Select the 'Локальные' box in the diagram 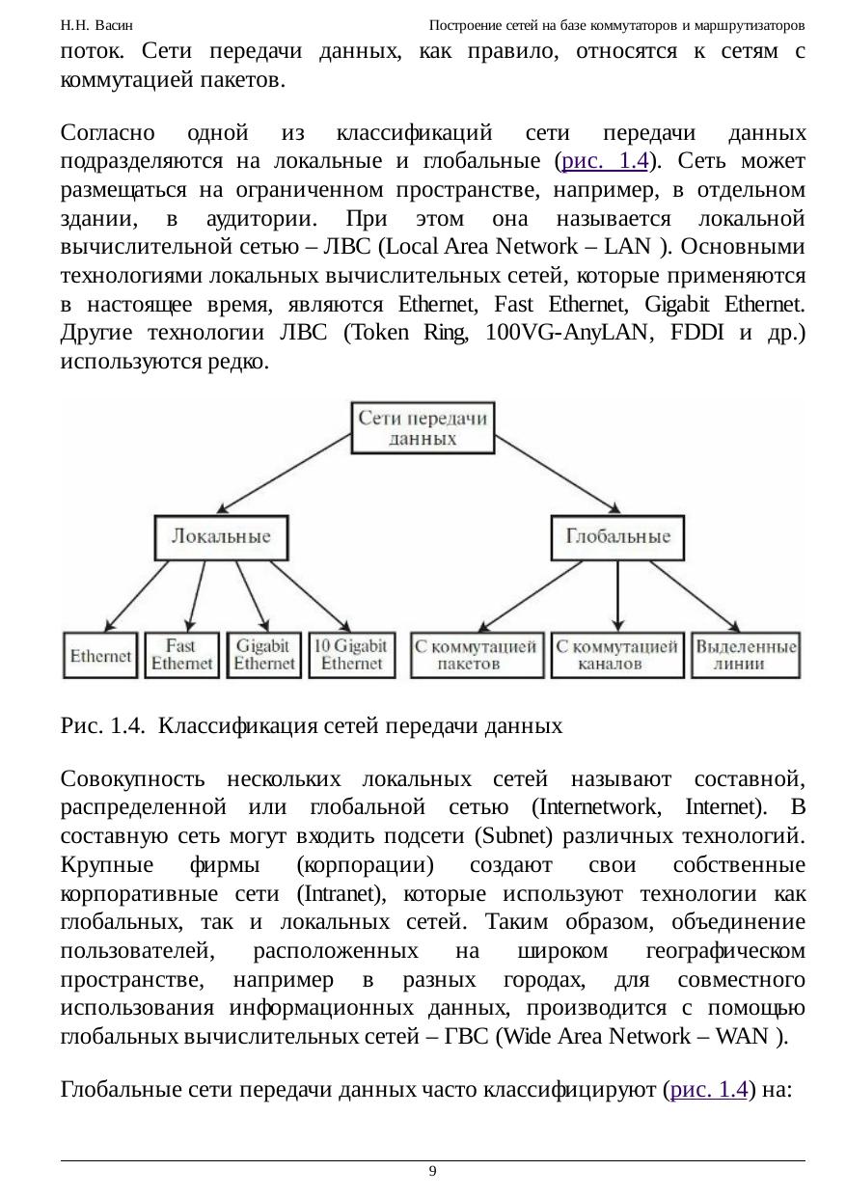221,536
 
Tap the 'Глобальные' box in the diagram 617,536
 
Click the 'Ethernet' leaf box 100,655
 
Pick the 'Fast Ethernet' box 181,655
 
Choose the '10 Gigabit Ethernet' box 352,655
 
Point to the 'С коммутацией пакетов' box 476,655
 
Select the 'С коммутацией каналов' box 617,655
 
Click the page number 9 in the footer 432,1171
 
